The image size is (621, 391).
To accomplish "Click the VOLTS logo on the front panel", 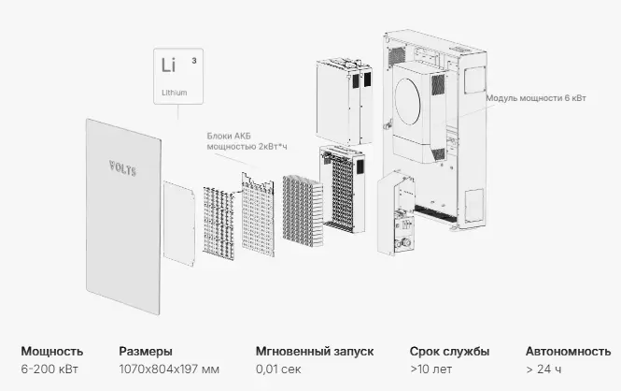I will pyautogui.click(x=121, y=169).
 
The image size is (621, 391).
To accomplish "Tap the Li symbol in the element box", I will pyautogui.click(x=168, y=66).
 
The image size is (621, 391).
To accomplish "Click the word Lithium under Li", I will pyautogui.click(x=174, y=93).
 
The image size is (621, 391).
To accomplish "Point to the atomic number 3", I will pyautogui.click(x=193, y=60).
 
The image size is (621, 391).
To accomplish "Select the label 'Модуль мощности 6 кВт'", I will pyautogui.click(x=537, y=98).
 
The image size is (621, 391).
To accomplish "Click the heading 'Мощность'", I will pyautogui.click(x=51, y=352).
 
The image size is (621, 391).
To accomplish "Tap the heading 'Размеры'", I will pyautogui.click(x=145, y=352).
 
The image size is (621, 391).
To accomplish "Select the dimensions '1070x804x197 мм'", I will pyautogui.click(x=170, y=370).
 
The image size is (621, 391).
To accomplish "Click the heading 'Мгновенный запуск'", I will pyautogui.click(x=315, y=352).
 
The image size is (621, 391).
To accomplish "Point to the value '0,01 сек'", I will pyautogui.click(x=277, y=370).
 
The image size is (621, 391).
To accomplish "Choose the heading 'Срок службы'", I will pyautogui.click(x=449, y=352).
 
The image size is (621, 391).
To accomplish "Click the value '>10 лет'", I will pyautogui.click(x=429, y=370).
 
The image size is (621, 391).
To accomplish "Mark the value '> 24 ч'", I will pyautogui.click(x=544, y=370).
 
